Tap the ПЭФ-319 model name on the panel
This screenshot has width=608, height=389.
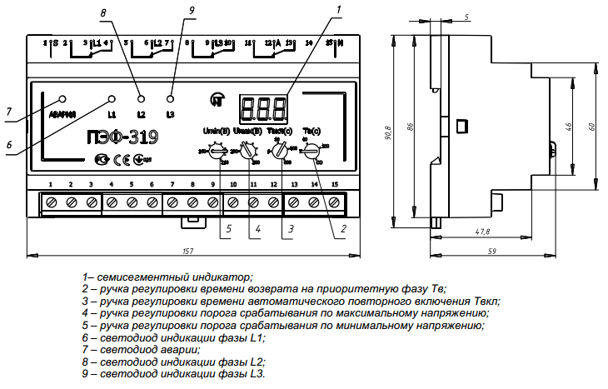tap(123, 136)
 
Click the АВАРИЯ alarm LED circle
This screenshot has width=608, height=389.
tap(62, 97)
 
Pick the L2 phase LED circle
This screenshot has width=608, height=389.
tap(140, 98)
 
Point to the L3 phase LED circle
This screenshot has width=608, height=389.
tap(171, 98)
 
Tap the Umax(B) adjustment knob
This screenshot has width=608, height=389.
tap(247, 152)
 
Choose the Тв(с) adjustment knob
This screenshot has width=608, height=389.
tap(311, 152)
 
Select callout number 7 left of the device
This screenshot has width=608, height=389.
tap(8, 111)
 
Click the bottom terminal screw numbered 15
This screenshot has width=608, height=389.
tap(335, 202)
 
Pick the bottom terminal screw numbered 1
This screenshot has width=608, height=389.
tap(52, 202)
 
